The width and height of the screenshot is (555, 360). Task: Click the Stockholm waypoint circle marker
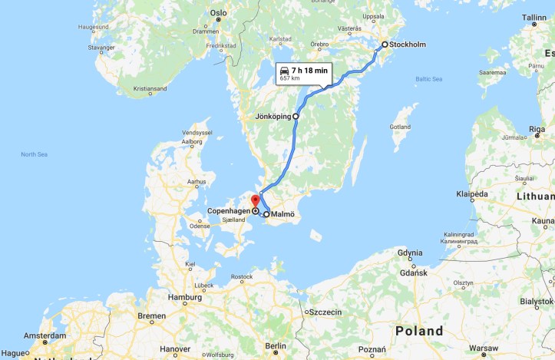[x=385, y=45]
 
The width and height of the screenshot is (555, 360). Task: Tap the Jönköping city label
[x=273, y=117]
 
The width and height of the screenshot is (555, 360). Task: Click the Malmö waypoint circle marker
[x=266, y=215]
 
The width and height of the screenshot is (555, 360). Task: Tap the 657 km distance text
[x=289, y=78]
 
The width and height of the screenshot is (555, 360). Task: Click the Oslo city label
[x=219, y=13]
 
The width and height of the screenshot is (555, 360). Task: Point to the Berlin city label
[x=275, y=346]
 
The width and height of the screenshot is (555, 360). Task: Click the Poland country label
[x=418, y=331]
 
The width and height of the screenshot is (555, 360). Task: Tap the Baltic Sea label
[x=428, y=79]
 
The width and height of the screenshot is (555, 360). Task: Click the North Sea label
[x=34, y=154]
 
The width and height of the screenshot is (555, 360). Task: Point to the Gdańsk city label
[x=413, y=272]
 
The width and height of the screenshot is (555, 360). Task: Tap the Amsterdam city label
[x=44, y=336]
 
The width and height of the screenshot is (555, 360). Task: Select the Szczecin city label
[x=325, y=312]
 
